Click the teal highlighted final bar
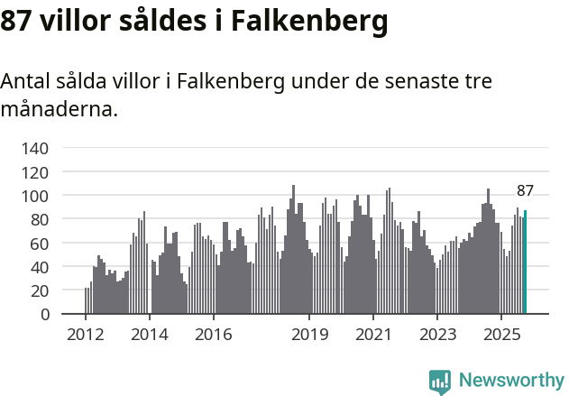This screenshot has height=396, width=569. tap(526, 262)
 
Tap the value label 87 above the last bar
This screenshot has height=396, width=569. tap(525, 191)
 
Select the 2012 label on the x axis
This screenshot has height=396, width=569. tap(86, 335)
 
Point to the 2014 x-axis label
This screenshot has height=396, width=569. tap(149, 335)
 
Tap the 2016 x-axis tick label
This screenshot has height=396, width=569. tap(213, 335)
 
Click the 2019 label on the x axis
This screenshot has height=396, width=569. tap(309, 335)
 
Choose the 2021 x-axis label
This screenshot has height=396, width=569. tap(372, 335)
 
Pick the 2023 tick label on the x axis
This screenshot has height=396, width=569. tap(436, 335)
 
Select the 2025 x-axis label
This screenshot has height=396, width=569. tap(500, 335)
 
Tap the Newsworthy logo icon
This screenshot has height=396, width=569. tap(440, 382)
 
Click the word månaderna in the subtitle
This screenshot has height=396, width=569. tap(59, 111)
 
